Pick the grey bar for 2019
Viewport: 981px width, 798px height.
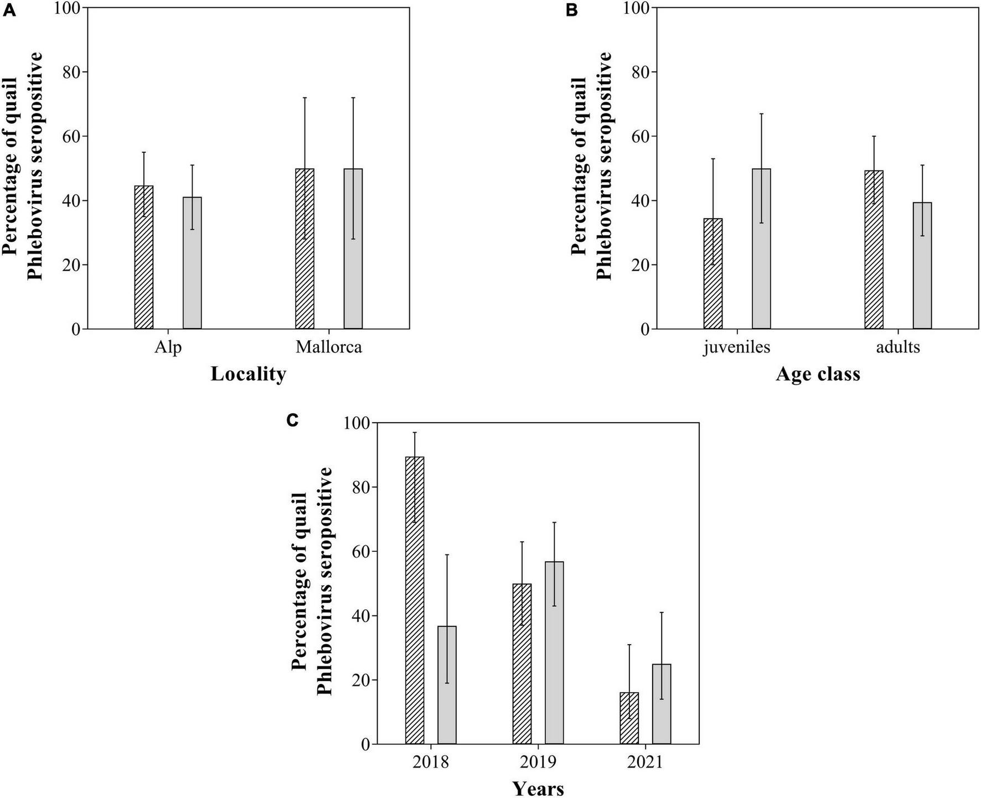tap(554, 653)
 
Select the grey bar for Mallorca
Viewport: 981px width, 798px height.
tap(353, 249)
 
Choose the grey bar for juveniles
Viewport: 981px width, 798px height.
tap(761, 249)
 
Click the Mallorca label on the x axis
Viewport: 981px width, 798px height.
tap(329, 348)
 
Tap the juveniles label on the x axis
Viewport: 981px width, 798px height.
tap(737, 348)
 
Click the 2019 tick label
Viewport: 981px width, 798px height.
tap(538, 763)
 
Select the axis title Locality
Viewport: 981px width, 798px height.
tap(249, 374)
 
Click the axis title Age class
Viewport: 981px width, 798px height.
tap(818, 374)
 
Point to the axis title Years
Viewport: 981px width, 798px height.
tap(538, 788)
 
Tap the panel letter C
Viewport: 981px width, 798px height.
tap(293, 421)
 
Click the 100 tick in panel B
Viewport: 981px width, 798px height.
tap(637, 8)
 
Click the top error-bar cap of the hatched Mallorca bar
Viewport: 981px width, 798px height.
tap(304, 97)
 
